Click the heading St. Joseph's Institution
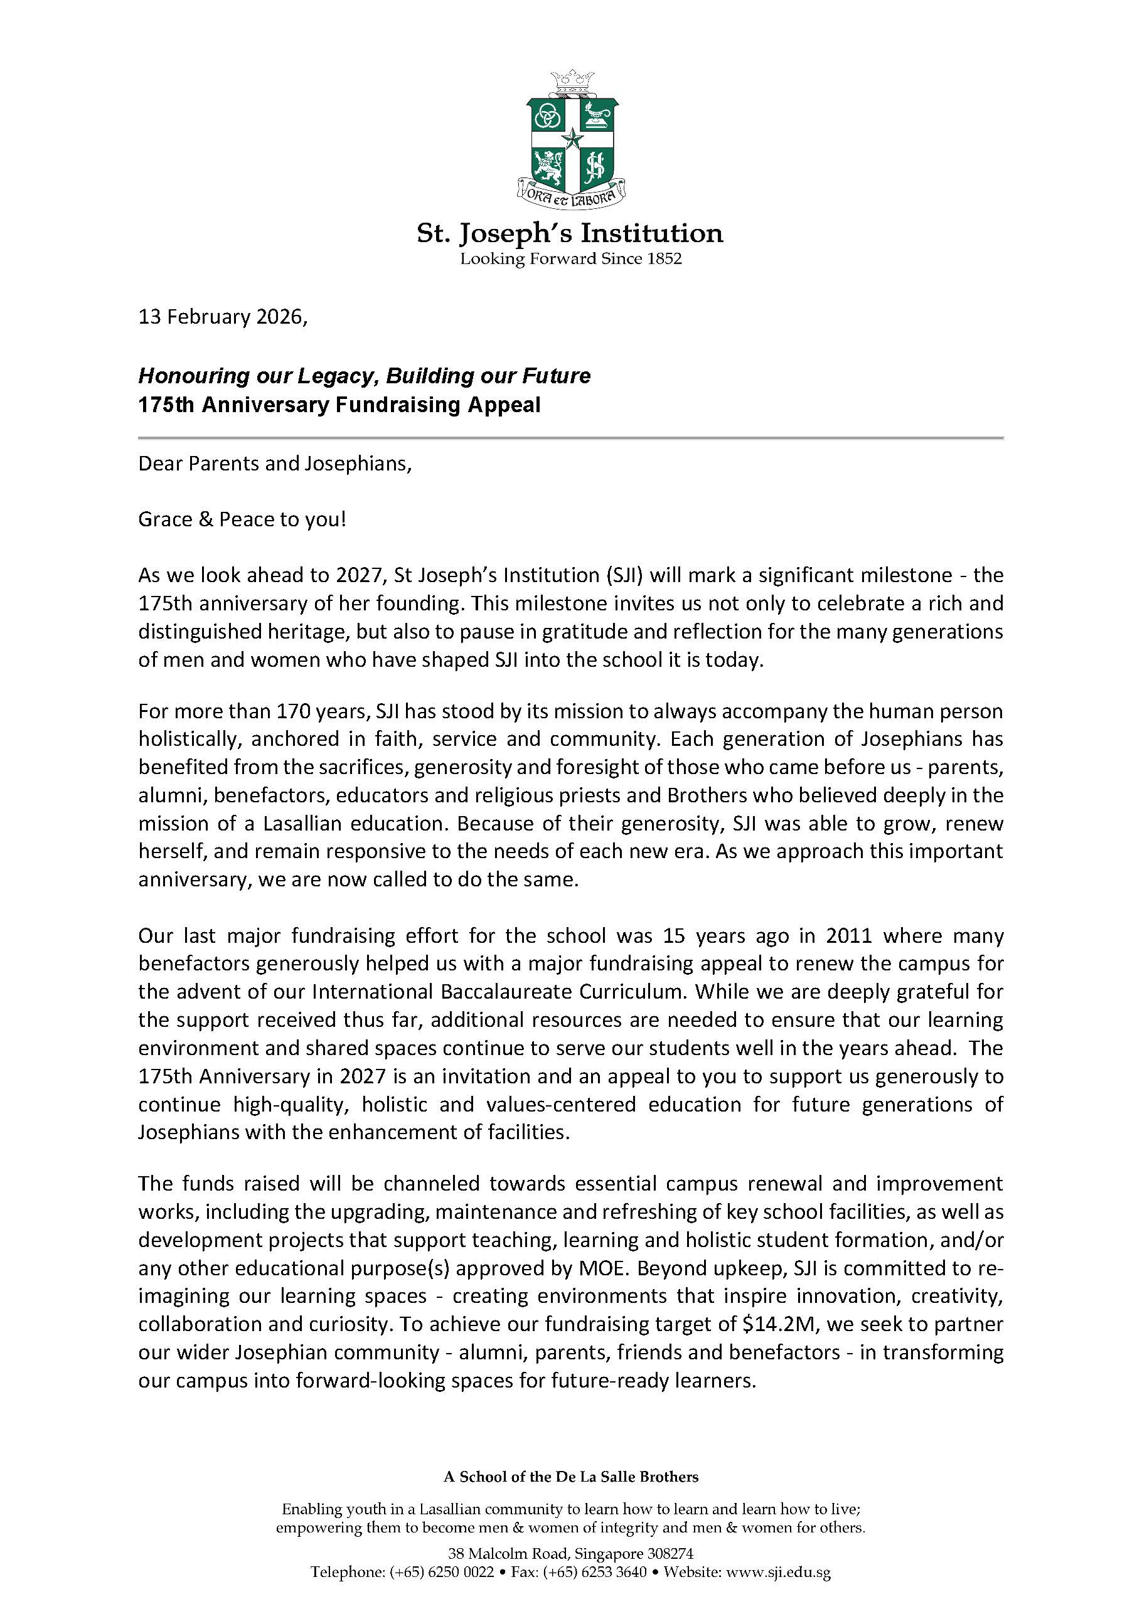click(570, 233)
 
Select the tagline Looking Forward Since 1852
click(570, 258)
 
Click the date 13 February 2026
click(221, 317)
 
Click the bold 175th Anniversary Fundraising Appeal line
click(339, 406)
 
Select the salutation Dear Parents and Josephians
click(274, 464)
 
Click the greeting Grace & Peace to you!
click(242, 520)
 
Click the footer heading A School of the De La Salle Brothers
click(570, 1477)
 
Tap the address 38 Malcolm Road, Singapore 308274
click(570, 1553)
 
